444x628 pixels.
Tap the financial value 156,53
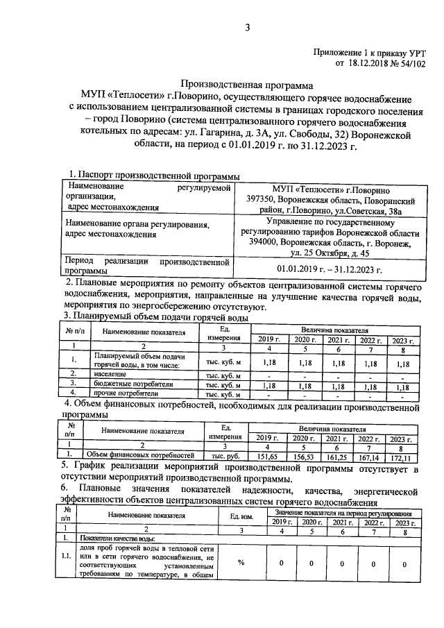[x=303, y=457]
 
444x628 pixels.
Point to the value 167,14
[x=370, y=457]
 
